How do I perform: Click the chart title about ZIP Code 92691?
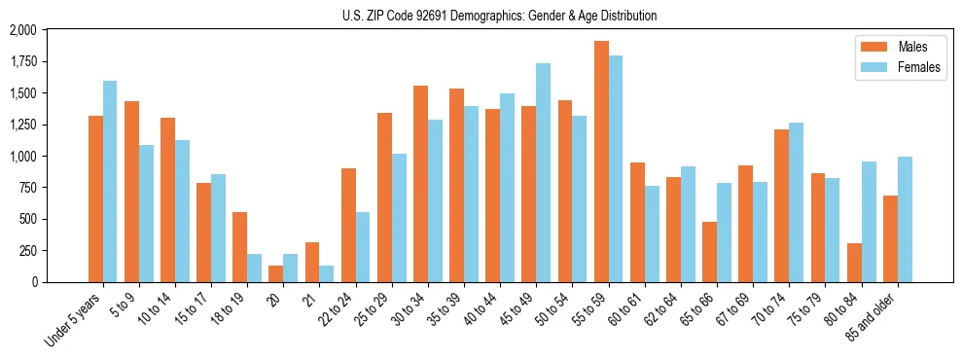pyautogui.click(x=500, y=16)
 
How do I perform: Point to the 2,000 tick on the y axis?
pyautogui.click(x=22, y=30)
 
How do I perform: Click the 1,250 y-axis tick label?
pyautogui.click(x=22, y=125)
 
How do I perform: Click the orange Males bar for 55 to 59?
pyautogui.click(x=601, y=162)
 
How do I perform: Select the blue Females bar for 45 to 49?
pyautogui.click(x=543, y=172)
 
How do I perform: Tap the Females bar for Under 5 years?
pyautogui.click(x=110, y=181)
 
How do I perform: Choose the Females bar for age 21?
pyautogui.click(x=327, y=273)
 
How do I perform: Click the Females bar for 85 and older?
pyautogui.click(x=905, y=219)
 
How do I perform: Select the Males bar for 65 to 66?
pyautogui.click(x=709, y=252)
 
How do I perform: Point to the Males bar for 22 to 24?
pyautogui.click(x=348, y=225)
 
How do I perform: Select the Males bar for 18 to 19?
pyautogui.click(x=240, y=247)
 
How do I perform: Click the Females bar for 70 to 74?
pyautogui.click(x=796, y=202)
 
